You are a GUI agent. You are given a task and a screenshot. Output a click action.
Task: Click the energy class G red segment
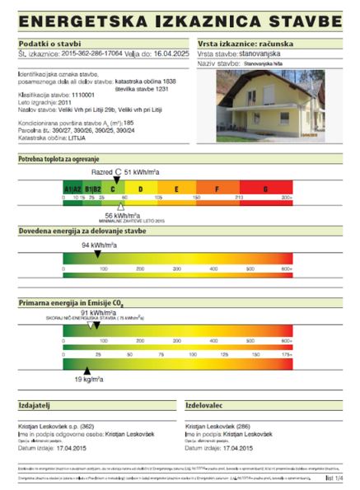click(265, 189)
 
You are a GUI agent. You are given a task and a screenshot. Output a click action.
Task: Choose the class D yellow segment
click(140, 189)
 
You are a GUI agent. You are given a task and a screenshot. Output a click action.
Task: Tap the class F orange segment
click(217, 189)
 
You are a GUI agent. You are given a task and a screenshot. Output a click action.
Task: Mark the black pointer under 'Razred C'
click(116, 180)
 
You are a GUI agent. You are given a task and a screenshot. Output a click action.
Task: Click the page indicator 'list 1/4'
click(334, 476)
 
